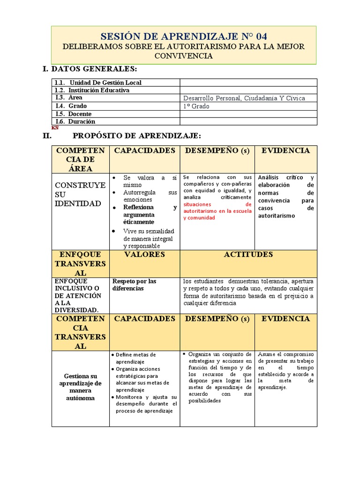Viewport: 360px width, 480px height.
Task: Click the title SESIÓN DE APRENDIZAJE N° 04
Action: point(184,37)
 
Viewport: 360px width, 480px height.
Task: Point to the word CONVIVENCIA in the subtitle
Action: point(184,56)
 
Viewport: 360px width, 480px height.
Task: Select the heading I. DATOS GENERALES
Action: point(90,69)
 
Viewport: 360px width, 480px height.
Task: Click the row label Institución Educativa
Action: point(98,90)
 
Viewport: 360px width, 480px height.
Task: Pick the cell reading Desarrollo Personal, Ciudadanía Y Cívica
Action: point(244,98)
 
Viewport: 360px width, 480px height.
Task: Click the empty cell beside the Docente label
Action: point(248,114)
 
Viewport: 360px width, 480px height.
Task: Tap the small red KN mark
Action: point(55,127)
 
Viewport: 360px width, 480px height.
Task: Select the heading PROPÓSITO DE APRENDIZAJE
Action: point(137,136)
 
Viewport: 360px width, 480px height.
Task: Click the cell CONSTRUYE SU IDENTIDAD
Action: point(80,194)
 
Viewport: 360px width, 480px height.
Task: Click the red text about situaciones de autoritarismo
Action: point(217,211)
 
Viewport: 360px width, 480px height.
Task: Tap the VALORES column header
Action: point(144,255)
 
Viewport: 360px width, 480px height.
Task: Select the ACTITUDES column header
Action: point(248,255)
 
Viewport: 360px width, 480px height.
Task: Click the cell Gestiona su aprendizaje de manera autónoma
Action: point(80,387)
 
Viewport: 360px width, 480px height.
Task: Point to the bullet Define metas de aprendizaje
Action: point(135,358)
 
